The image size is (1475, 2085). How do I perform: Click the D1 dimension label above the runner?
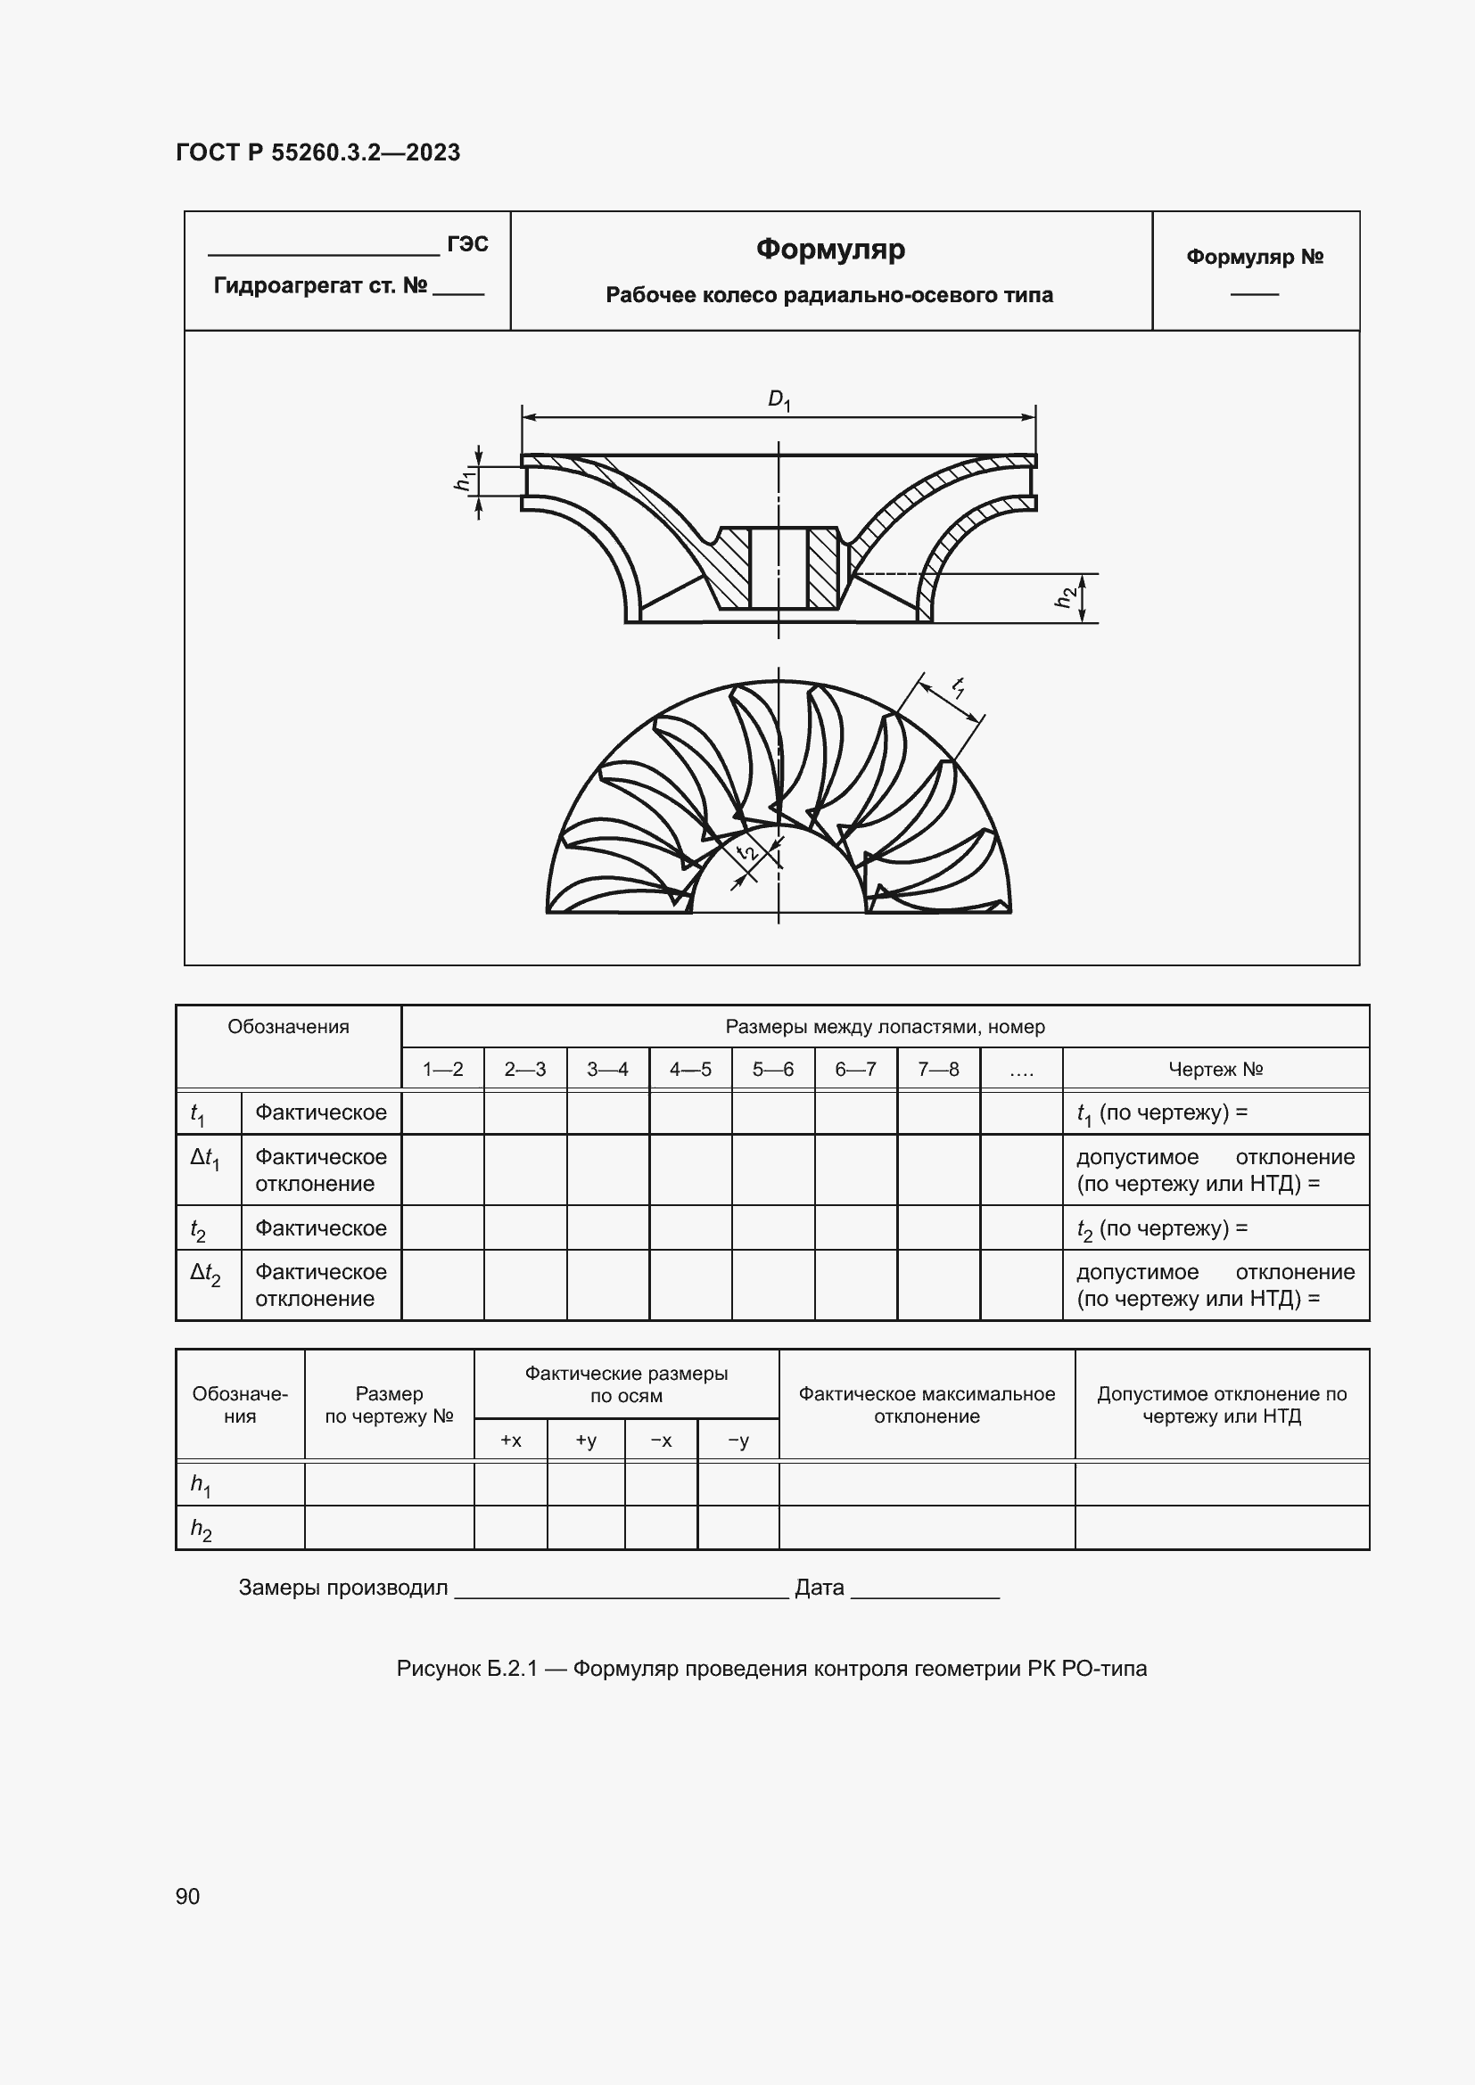[779, 399]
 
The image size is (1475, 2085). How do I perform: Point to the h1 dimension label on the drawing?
[464, 481]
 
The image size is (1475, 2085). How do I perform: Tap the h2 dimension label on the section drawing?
[1067, 596]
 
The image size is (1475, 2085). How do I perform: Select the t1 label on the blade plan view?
[958, 687]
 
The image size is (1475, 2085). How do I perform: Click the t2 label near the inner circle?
[747, 852]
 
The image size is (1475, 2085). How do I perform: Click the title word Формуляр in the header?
[830, 249]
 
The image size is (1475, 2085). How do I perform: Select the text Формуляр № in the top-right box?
[1255, 257]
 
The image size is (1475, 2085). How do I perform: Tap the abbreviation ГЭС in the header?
[468, 244]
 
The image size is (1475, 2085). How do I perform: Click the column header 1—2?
[442, 1070]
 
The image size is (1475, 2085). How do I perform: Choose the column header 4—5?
[690, 1070]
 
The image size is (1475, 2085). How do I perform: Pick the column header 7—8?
[938, 1070]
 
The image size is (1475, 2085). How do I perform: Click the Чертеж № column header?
[1215, 1070]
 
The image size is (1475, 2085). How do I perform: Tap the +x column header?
[510, 1441]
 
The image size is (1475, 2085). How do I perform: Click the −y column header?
[738, 1441]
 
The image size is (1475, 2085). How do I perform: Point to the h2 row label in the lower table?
[201, 1530]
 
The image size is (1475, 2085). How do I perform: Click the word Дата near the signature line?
[820, 1588]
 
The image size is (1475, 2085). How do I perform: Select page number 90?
[187, 1896]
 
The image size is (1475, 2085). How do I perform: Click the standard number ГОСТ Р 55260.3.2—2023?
[317, 152]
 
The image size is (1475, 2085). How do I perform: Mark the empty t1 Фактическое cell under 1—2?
[442, 1112]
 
